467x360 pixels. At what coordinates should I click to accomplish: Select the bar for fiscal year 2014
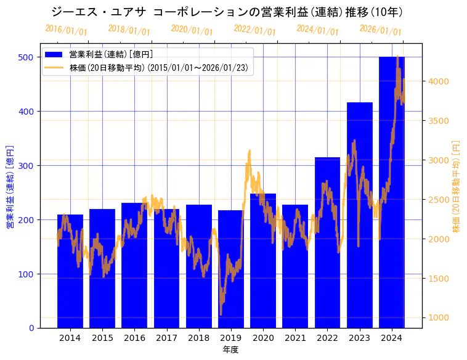pos(70,271)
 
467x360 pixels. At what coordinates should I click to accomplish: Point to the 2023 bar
pos(360,215)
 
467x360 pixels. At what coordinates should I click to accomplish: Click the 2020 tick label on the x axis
pos(263,338)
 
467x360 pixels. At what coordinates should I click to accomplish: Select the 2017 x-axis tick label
pos(166,338)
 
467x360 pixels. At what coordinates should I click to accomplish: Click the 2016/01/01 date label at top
pos(67,30)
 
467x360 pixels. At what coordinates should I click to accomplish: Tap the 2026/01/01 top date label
pos(380,30)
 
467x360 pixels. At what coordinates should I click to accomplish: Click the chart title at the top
pos(227,12)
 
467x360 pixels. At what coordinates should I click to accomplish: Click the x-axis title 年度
pos(230,350)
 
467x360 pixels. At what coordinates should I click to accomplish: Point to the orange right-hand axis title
pos(457,186)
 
